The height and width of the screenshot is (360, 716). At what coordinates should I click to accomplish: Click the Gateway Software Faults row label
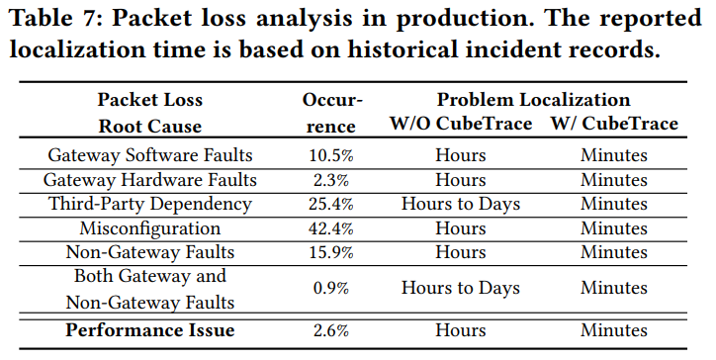pyautogui.click(x=149, y=155)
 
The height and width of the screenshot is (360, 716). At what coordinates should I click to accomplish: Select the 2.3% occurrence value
pyautogui.click(x=331, y=180)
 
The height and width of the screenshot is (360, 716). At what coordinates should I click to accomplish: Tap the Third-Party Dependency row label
pyautogui.click(x=149, y=204)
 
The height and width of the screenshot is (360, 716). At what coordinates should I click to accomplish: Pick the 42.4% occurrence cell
pyautogui.click(x=331, y=228)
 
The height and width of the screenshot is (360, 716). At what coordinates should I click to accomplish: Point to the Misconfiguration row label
pyautogui.click(x=149, y=228)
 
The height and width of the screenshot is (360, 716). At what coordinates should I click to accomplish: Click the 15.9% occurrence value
pyautogui.click(x=331, y=252)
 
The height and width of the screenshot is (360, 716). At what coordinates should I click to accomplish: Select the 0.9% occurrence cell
pyautogui.click(x=331, y=288)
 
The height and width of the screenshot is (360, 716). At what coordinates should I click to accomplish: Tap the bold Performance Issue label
pyautogui.click(x=149, y=330)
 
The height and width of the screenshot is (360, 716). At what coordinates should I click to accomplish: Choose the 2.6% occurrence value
pyautogui.click(x=331, y=330)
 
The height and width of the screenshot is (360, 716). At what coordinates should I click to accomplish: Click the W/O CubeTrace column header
pyautogui.click(x=461, y=124)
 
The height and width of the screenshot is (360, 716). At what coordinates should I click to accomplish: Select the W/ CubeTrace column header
pyautogui.click(x=614, y=124)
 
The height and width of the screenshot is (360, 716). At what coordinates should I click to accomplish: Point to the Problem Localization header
pyautogui.click(x=533, y=100)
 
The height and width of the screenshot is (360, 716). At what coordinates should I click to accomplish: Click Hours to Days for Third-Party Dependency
pyautogui.click(x=461, y=204)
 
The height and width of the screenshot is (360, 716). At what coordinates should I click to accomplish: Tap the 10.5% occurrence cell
pyautogui.click(x=331, y=156)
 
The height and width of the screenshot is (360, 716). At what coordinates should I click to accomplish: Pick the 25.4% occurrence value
pyautogui.click(x=331, y=204)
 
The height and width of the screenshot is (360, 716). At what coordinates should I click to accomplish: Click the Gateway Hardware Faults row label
pyautogui.click(x=149, y=180)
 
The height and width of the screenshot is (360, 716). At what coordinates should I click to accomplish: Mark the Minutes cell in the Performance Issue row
pyautogui.click(x=614, y=330)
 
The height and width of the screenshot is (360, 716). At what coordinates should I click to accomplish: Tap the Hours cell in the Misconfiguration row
pyautogui.click(x=461, y=228)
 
